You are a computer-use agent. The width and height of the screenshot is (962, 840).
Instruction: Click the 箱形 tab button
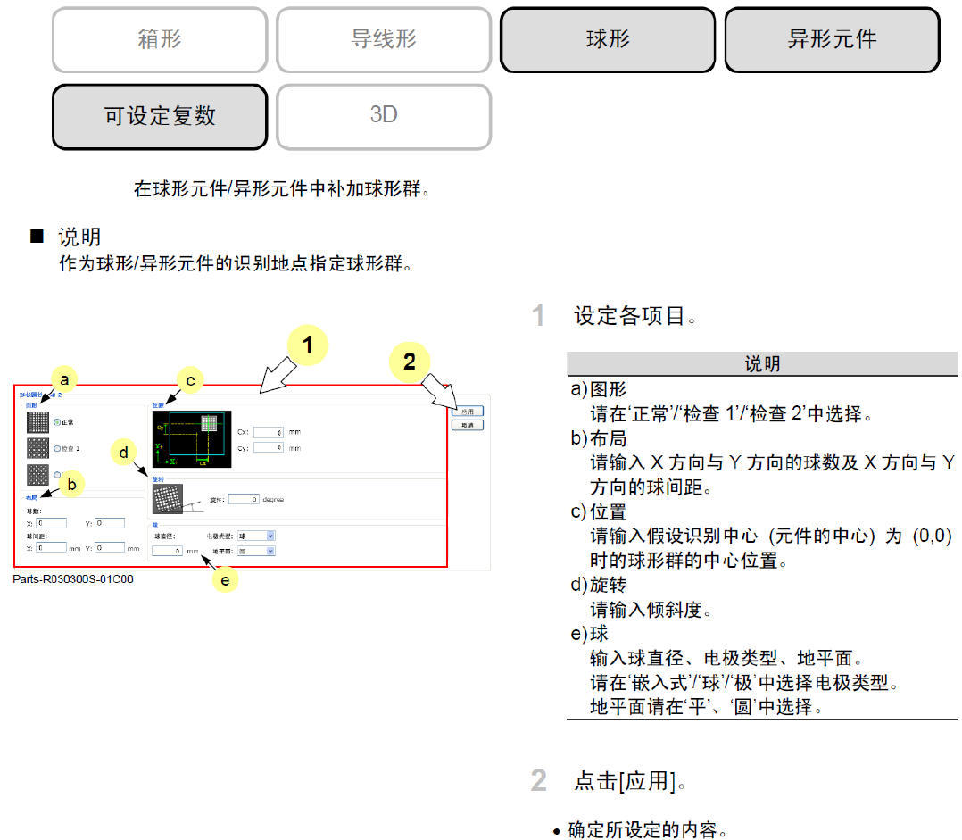(160, 40)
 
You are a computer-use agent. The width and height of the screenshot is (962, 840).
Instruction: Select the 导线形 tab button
(384, 40)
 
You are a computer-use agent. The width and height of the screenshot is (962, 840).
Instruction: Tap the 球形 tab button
(608, 40)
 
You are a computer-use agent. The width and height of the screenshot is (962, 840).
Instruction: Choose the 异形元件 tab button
(832, 40)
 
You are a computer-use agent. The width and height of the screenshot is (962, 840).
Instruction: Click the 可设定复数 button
(160, 117)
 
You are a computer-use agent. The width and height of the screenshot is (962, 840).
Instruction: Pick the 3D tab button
(384, 117)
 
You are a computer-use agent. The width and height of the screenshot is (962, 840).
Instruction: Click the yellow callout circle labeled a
(63, 379)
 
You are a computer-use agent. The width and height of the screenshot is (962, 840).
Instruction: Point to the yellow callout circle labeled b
(72, 484)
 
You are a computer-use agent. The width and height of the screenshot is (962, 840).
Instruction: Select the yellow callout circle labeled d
(125, 452)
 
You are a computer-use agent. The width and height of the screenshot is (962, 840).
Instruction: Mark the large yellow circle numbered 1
(308, 345)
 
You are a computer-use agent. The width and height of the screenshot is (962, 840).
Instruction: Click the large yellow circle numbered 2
(410, 362)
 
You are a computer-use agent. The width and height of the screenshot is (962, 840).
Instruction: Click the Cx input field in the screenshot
(268, 432)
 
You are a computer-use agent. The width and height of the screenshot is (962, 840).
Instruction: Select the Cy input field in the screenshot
(268, 447)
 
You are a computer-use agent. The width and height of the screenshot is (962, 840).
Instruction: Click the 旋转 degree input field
(243, 500)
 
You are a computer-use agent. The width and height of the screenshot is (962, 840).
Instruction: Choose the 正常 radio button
(57, 421)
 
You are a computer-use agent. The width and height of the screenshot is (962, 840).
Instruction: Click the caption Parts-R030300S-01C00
(73, 578)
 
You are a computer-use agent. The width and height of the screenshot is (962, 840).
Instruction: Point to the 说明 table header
(762, 364)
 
